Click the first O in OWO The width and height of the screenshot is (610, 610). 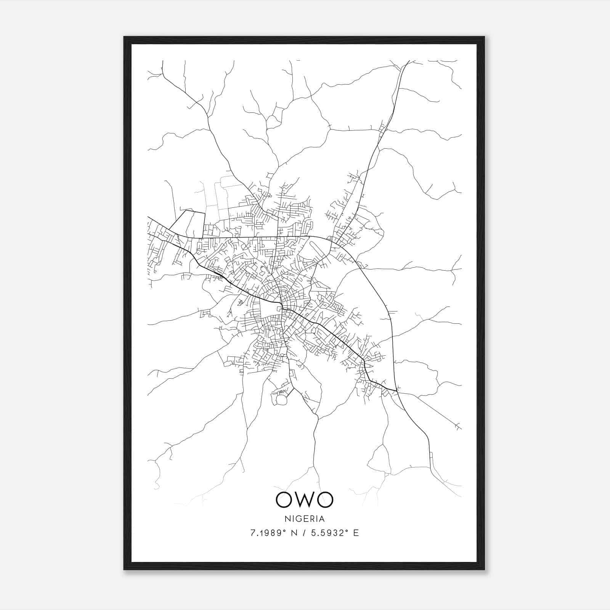[x=284, y=500]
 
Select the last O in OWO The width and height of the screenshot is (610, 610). [x=324, y=500]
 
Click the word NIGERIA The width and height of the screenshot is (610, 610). [x=304, y=519]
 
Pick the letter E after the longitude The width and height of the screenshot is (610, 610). [x=356, y=533]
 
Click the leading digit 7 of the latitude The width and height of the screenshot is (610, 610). [x=252, y=533]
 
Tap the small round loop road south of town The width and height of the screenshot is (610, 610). [x=281, y=400]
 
